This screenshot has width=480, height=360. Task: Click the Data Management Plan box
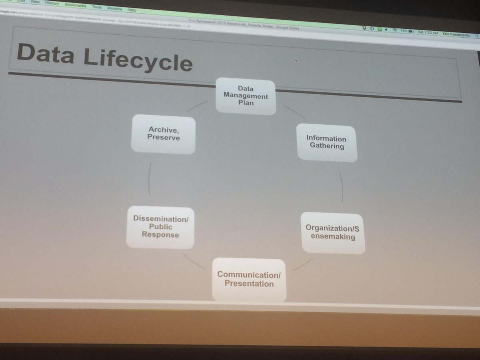246,96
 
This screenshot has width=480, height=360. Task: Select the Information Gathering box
326,143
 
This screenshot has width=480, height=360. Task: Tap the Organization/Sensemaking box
333,232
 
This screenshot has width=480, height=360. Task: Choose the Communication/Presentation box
249,280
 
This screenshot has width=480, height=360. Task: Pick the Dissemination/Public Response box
160,227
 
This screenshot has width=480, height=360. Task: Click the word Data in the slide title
45,54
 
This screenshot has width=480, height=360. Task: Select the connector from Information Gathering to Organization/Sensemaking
342,187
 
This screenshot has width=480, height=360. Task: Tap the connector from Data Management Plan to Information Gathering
294,112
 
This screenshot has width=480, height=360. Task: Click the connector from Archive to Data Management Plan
197,106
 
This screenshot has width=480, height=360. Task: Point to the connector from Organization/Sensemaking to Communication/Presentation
303,264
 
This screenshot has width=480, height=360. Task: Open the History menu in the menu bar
52,4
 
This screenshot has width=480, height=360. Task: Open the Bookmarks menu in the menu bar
75,5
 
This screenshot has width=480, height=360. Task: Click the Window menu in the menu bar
114,8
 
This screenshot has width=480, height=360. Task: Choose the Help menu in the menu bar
132,9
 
